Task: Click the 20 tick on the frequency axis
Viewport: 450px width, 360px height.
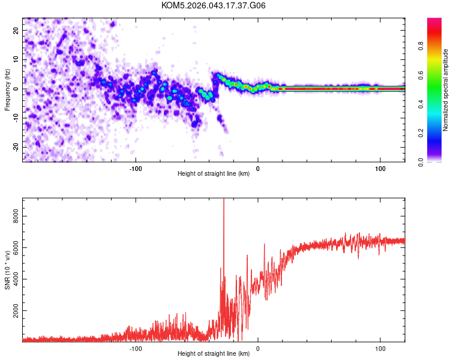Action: tap(17, 30)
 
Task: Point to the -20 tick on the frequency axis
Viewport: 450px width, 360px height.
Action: tap(16, 147)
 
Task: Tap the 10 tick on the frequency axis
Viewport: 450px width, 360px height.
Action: tap(17, 59)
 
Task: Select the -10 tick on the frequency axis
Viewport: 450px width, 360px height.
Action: tap(16, 118)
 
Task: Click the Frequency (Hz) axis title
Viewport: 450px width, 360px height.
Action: tap(7, 89)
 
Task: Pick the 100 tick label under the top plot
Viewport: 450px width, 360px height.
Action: tap(380, 167)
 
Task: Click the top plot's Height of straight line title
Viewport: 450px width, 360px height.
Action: tap(214, 174)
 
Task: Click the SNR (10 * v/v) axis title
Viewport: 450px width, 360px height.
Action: tap(8, 269)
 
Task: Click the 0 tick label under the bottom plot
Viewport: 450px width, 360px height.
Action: tap(258, 347)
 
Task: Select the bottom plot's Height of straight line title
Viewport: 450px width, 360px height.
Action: tap(214, 354)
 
